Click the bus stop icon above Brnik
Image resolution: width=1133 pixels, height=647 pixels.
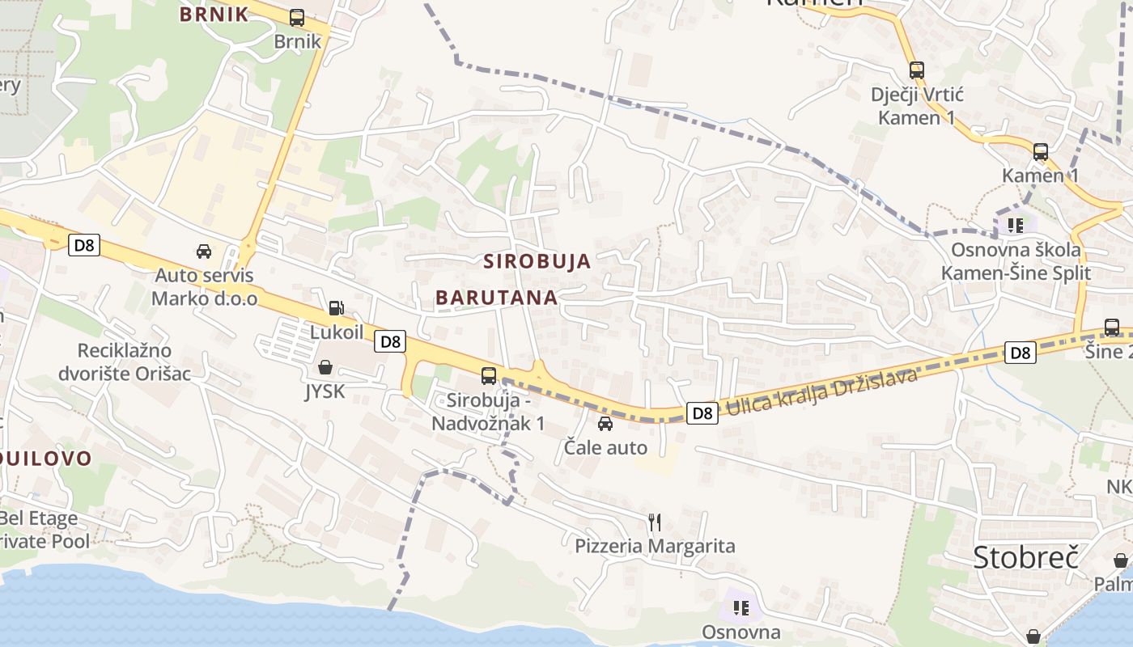tap(297, 18)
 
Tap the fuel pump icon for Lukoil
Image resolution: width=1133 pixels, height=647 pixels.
tap(336, 307)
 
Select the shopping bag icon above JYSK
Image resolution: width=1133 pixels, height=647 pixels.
tap(325, 368)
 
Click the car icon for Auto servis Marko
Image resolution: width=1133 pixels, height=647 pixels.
tap(204, 252)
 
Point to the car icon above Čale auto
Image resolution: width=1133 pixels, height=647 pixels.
tap(605, 424)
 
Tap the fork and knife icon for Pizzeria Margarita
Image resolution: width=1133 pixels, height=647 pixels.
tap(655, 522)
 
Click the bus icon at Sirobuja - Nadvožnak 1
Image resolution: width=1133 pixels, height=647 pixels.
tap(488, 375)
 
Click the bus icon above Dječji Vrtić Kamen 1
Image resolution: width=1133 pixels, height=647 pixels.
tap(916, 70)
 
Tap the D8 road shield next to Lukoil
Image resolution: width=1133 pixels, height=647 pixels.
tap(390, 341)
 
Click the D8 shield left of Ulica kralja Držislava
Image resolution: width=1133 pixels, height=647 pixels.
tap(702, 413)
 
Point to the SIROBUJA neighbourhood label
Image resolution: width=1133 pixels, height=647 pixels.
tap(537, 261)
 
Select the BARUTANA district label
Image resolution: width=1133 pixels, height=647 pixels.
tap(497, 298)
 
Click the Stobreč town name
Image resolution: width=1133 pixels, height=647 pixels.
tap(1026, 557)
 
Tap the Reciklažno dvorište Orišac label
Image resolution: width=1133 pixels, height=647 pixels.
tap(125, 362)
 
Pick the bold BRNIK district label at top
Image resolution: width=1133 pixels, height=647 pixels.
tap(214, 15)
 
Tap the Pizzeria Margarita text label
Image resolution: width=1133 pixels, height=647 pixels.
tap(655, 546)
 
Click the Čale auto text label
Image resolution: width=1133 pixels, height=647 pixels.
tap(605, 447)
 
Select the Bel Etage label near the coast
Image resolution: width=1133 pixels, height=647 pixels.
tap(39, 518)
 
